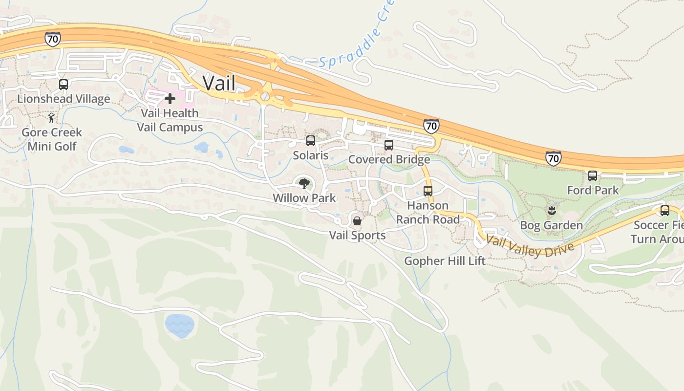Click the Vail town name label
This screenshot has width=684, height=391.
pos(219,83)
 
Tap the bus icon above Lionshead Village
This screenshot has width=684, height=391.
pos(64,84)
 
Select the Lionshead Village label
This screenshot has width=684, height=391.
pos(64,99)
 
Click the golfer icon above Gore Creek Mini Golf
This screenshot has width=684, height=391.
pos(52,118)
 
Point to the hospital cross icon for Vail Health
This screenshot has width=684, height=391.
pos(170,99)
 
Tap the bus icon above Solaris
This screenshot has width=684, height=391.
pos(311,141)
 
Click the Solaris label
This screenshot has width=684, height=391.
pos(311,155)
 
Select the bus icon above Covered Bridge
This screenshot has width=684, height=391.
pos(389,145)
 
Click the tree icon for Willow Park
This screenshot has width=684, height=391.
pos(304,184)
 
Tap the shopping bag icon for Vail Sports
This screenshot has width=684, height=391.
pos(357,221)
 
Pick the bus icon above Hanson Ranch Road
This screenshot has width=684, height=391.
pos(428,191)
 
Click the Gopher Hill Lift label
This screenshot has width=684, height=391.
pos(445,261)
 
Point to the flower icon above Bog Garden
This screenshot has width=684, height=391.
pos(552,211)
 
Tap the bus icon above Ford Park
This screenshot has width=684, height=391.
pos(593,175)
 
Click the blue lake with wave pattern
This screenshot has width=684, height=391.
pos(179,326)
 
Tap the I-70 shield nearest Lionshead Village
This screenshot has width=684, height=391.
pos(52,39)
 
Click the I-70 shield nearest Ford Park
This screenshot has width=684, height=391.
pos(553,158)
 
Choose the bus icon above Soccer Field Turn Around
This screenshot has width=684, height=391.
pos(665,211)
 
